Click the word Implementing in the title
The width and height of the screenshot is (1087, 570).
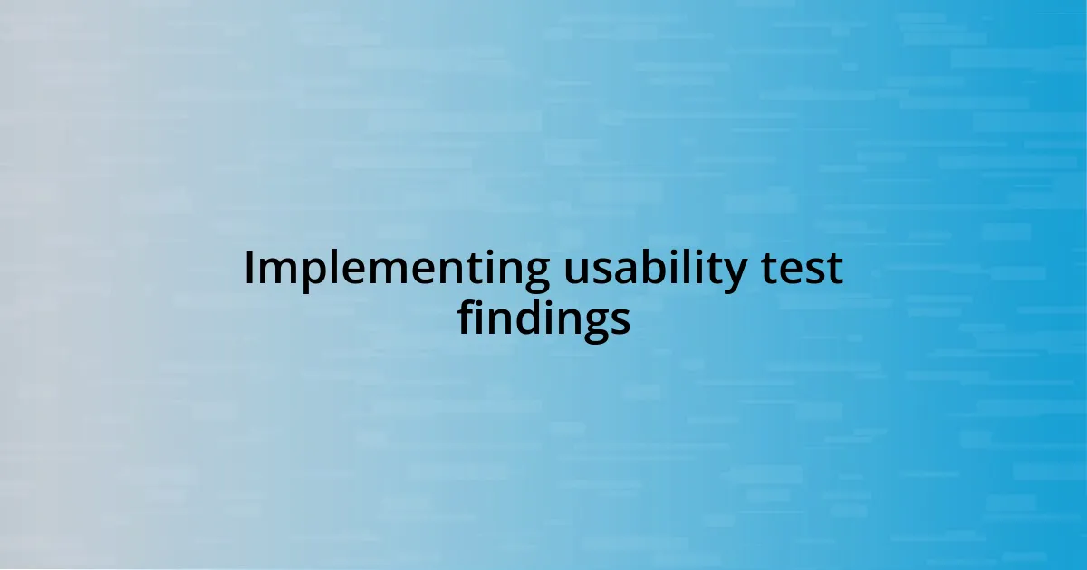(x=396, y=271)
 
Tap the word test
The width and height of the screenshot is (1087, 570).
(x=803, y=269)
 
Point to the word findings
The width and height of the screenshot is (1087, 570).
(x=543, y=318)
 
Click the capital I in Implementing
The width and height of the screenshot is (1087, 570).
(x=249, y=269)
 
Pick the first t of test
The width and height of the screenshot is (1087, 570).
(x=771, y=270)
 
